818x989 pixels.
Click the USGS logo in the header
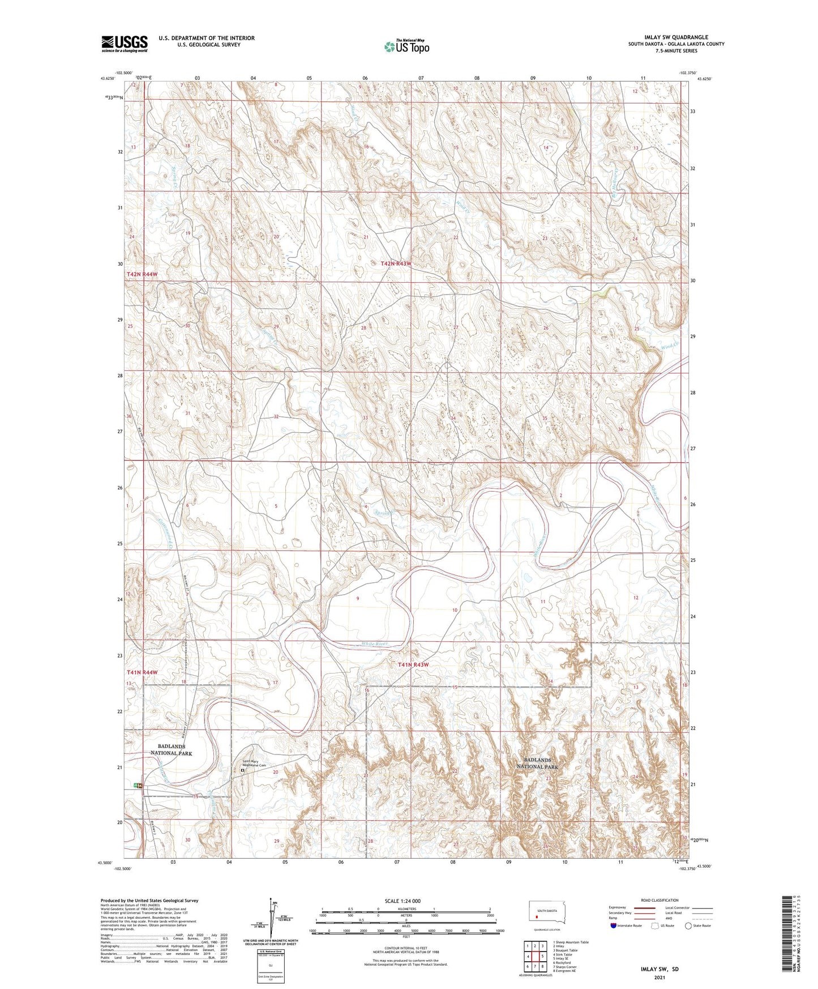pyautogui.click(x=125, y=44)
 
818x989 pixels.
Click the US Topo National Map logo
pyautogui.click(x=406, y=46)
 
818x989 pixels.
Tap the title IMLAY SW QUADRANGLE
pyautogui.click(x=676, y=37)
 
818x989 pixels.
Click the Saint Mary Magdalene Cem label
pyautogui.click(x=258, y=763)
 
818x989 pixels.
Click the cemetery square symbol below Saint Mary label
pyautogui.click(x=243, y=770)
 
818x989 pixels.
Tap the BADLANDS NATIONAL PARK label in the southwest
pyautogui.click(x=171, y=750)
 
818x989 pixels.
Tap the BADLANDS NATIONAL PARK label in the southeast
pyautogui.click(x=537, y=763)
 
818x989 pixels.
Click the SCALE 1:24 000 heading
pyautogui.click(x=402, y=901)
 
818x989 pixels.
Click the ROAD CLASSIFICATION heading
pyautogui.click(x=659, y=900)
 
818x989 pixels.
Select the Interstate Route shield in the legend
pyautogui.click(x=614, y=926)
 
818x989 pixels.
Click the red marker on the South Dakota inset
pyautogui.click(x=537, y=915)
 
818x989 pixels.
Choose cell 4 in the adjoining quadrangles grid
pyautogui.click(x=528, y=956)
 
